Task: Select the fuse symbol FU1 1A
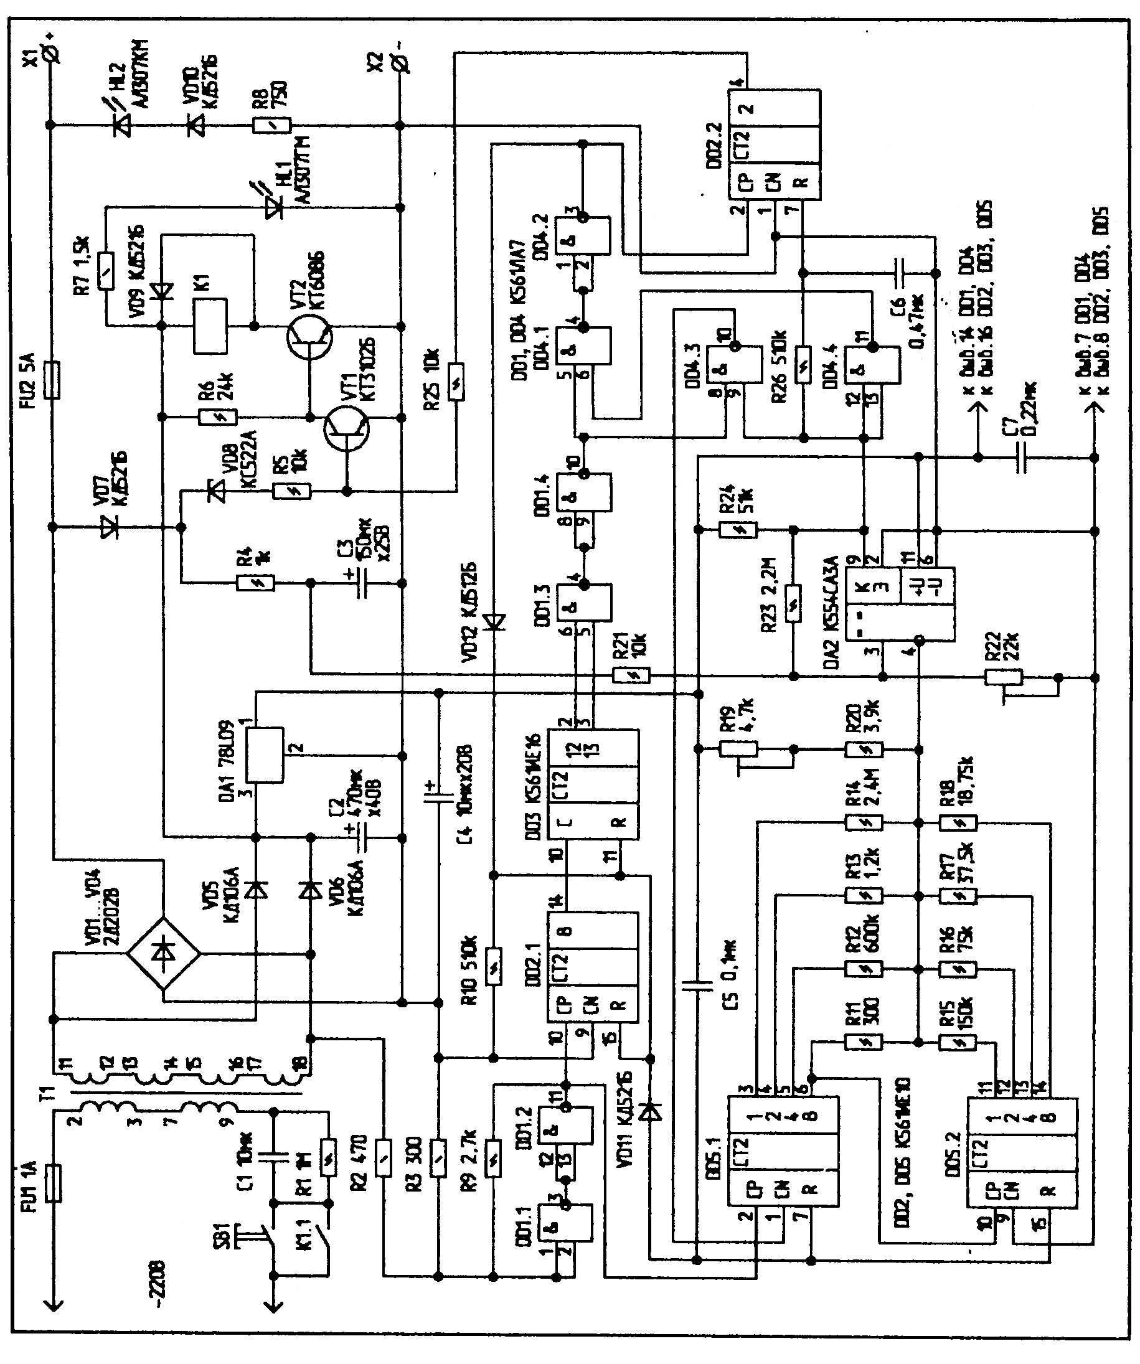click(x=55, y=1183)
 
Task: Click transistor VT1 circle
click(x=347, y=428)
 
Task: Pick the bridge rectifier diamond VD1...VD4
click(x=163, y=953)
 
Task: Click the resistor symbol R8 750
click(x=271, y=125)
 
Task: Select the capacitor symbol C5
click(x=697, y=985)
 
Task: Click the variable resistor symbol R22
click(x=1004, y=677)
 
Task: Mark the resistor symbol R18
click(x=958, y=823)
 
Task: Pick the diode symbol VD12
click(x=495, y=623)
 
